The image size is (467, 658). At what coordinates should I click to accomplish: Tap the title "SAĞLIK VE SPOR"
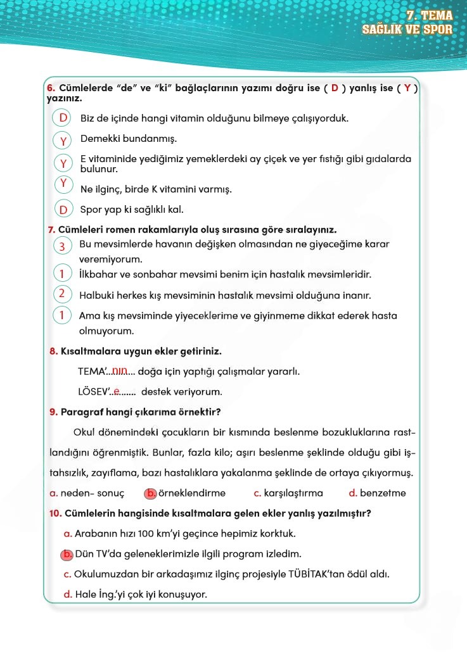click(407, 29)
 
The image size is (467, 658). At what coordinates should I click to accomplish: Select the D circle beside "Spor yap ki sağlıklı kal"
click(63, 209)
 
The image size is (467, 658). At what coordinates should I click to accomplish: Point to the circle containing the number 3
click(62, 246)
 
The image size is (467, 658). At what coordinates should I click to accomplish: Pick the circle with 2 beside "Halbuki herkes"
click(62, 293)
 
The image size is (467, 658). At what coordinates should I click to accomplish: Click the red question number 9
click(53, 412)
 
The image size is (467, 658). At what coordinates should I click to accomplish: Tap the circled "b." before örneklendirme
click(150, 493)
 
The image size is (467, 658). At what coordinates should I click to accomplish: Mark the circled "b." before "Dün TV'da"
click(67, 554)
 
